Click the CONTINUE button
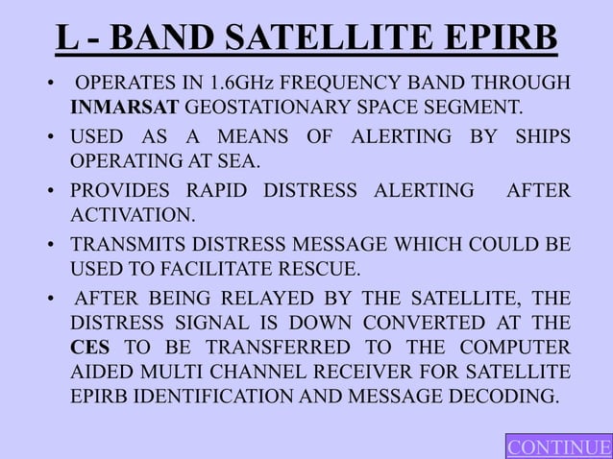(559, 447)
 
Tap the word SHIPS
(541, 136)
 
